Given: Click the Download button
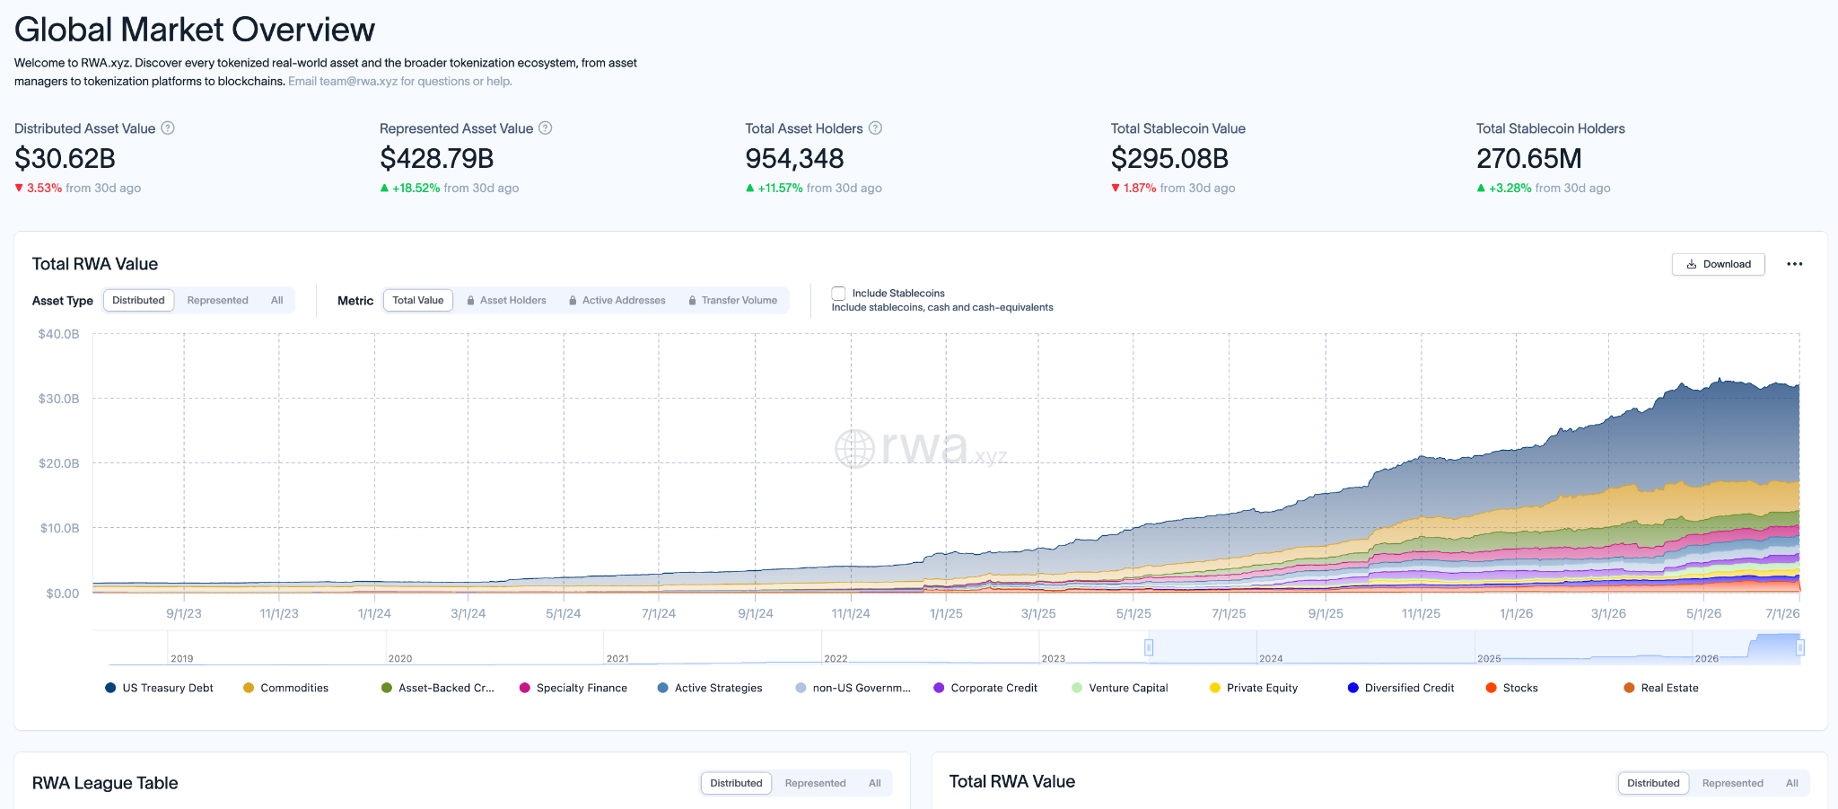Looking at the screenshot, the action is point(1718,264).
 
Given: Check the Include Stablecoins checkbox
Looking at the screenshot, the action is point(838,294).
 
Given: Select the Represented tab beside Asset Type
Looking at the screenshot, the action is point(217,301).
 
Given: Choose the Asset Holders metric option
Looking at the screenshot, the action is point(506,301).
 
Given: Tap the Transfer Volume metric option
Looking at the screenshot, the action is point(732,301).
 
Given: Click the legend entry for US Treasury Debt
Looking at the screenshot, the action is point(160,688).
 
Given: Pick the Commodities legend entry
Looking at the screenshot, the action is point(286,688).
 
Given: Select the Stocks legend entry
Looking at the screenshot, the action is point(1512,688).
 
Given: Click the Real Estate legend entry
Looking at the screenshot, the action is point(1661,688).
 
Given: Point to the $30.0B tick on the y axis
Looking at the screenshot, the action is point(58,399).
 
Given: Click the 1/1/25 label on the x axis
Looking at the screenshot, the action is point(946,614).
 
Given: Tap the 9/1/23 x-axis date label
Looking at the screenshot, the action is point(184,614).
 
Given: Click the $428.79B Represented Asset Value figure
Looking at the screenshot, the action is point(437,159).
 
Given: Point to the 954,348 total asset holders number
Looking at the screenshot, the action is point(794,159).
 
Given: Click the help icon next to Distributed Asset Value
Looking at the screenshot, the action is point(168,128).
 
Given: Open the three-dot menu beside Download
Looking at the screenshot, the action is point(1794,264).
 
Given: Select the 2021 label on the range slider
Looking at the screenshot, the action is point(617,659).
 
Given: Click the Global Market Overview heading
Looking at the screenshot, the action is point(195,30).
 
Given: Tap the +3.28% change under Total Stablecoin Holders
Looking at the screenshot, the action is point(1510,189).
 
